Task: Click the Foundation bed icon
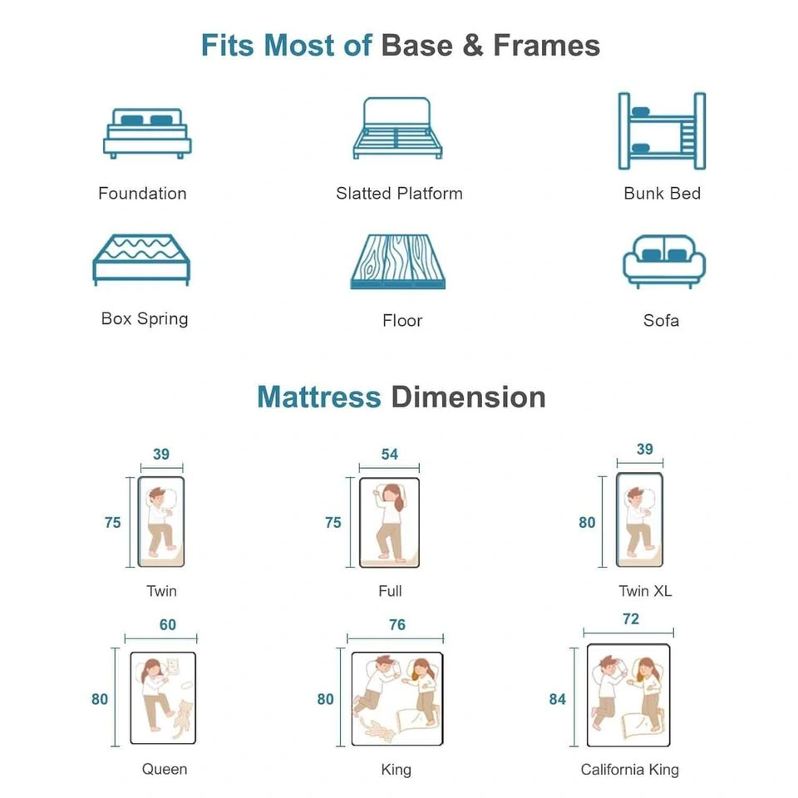148,133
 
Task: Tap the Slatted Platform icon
398,128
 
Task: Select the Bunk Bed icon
662,131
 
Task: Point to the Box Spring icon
141,260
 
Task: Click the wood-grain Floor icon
398,262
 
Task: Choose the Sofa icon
664,262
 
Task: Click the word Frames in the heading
547,45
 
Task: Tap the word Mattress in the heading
319,397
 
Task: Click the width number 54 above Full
390,454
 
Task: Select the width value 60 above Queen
168,624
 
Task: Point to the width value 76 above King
397,624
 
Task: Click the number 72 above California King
631,618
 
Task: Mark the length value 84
557,699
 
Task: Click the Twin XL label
645,591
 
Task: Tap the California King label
630,770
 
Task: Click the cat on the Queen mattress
183,719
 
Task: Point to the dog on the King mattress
377,731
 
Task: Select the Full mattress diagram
389,523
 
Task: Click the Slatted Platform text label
399,194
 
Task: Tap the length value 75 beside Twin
113,523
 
